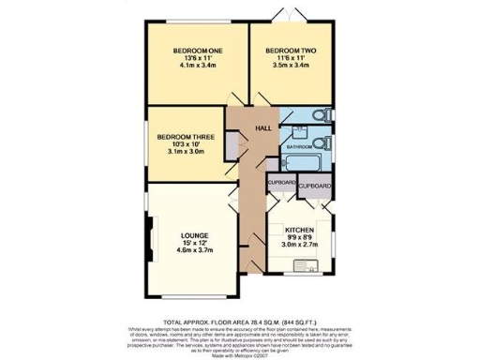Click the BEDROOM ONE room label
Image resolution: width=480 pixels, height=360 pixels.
coord(194,51)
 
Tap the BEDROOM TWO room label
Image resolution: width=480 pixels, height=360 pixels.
coord(290,51)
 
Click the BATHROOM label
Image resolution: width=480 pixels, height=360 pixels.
coord(299,147)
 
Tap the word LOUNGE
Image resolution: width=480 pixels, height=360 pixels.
coord(195,234)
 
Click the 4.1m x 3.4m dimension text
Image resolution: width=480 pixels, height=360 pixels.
coord(194,67)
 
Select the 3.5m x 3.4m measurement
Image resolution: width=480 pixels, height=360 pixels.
coord(290,67)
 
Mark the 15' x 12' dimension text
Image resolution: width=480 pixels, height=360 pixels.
coord(195,243)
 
